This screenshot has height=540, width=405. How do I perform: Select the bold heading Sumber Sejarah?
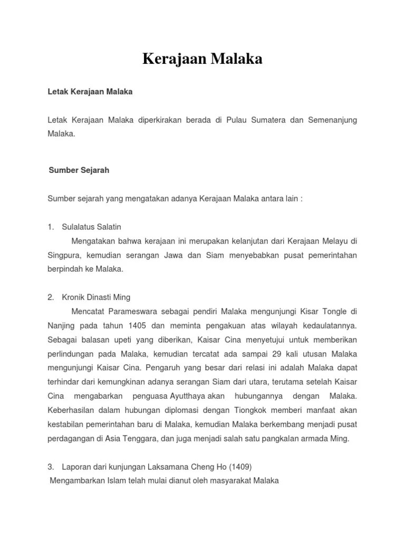tap(79, 171)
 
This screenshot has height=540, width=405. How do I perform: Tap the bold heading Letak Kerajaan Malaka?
tap(90, 92)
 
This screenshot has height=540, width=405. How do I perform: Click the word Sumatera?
tap(264, 120)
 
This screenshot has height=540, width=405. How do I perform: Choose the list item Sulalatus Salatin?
tap(91, 227)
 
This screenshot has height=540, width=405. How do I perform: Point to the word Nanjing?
tap(62, 325)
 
